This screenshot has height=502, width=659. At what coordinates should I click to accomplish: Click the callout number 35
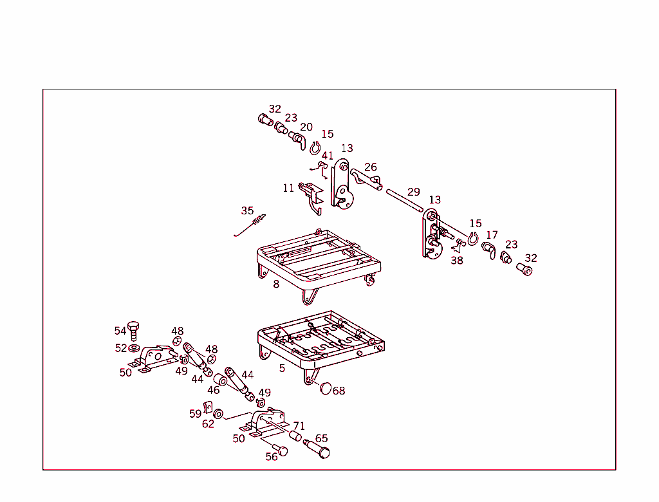tap(247, 211)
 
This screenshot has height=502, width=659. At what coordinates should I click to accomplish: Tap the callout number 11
tap(288, 189)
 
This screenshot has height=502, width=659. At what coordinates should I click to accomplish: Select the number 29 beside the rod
tap(413, 192)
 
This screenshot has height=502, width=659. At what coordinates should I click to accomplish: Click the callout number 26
tap(371, 168)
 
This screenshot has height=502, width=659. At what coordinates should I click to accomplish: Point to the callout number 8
tap(276, 284)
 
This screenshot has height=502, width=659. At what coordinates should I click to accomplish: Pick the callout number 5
tap(282, 369)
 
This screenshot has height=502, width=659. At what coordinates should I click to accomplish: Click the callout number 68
tap(339, 391)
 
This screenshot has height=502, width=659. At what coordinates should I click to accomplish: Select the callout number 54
tap(120, 331)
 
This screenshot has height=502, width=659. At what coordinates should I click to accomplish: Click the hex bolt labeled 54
tap(134, 330)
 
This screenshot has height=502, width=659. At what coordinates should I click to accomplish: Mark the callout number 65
tap(321, 439)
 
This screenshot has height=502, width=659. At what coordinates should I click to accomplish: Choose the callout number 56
tap(272, 457)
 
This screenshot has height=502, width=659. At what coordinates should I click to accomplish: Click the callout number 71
tap(299, 426)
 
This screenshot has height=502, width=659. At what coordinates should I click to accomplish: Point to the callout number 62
tap(208, 425)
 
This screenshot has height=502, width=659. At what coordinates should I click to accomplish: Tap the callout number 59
tap(195, 414)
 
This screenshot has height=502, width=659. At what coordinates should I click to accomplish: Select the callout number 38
tap(456, 261)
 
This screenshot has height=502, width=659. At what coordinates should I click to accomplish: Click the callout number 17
tap(492, 236)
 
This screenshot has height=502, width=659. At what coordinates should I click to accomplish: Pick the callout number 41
tap(328, 156)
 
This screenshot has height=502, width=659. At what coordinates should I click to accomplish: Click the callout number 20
tap(306, 127)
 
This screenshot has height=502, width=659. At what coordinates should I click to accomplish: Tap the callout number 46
tap(213, 391)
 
